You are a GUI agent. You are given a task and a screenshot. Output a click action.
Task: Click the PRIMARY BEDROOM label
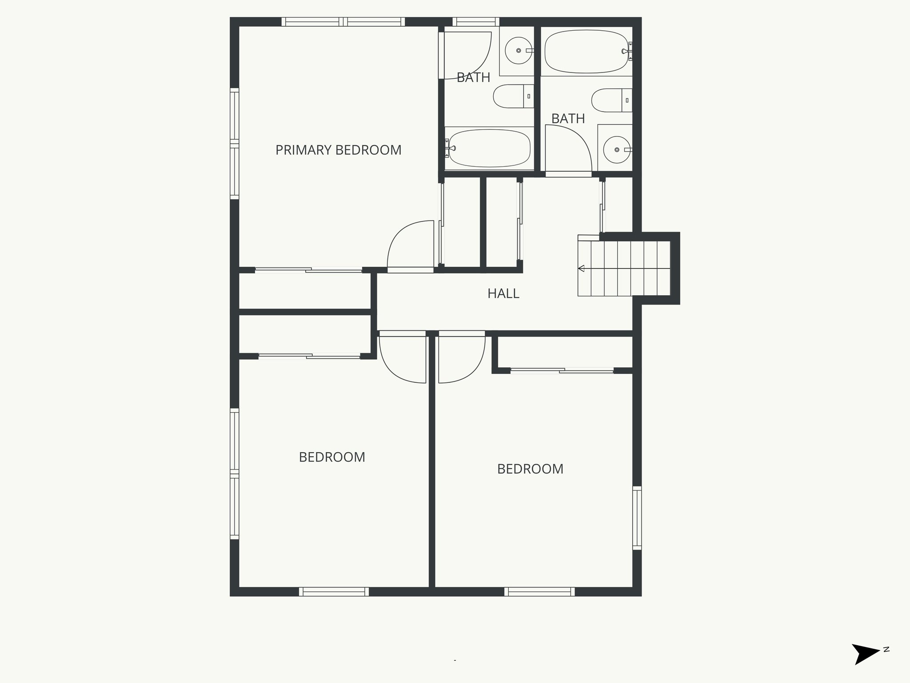click(338, 150)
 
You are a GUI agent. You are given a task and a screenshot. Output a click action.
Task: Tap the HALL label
click(503, 293)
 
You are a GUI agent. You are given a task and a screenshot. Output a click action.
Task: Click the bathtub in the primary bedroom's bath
click(489, 148)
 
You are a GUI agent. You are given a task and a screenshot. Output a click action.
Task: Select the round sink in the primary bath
click(518, 51)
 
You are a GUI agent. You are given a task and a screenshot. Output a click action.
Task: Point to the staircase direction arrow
click(581, 269)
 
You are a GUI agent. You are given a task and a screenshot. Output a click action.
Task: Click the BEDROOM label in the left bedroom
click(332, 457)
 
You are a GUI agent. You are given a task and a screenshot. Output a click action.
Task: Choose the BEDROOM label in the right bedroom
click(530, 469)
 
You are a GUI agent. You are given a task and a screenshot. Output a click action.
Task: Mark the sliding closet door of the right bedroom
click(562, 370)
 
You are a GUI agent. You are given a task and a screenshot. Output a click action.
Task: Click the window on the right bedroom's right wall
click(637, 518)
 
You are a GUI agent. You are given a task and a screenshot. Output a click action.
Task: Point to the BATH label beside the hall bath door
click(568, 119)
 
